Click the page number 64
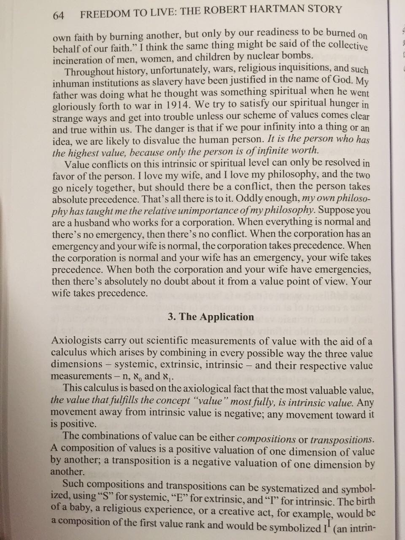click(x=58, y=16)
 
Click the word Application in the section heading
click(x=227, y=317)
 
